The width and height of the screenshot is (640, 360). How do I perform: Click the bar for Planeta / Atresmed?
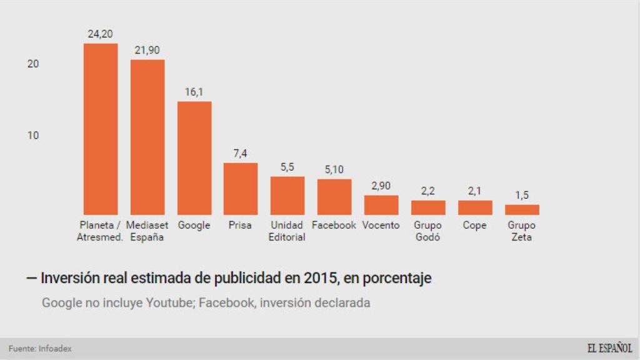tap(101, 129)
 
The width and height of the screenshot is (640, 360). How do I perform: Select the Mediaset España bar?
tap(147, 137)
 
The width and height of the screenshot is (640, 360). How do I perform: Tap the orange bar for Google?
tap(194, 158)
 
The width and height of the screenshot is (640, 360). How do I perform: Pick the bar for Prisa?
tap(241, 189)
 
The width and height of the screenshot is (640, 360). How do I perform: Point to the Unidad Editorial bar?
tap(287, 196)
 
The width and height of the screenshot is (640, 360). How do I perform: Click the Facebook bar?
tap(334, 197)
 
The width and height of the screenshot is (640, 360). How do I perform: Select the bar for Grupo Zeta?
tap(522, 210)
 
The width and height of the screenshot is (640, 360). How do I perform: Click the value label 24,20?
tap(100, 34)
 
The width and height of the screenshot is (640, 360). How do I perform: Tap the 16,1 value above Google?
tap(194, 92)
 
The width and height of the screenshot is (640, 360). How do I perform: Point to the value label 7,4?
tap(241, 154)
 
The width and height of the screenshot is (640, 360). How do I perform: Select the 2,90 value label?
tap(381, 186)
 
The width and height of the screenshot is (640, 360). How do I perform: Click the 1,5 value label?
tap(522, 196)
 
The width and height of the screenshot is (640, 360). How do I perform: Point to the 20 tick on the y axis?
tap(33, 64)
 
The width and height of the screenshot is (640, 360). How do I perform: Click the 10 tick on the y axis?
tap(33, 136)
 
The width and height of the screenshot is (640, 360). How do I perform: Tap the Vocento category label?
tap(381, 225)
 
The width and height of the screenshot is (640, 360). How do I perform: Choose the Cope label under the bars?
tap(474, 225)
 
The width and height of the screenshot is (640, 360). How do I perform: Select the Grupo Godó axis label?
tap(428, 231)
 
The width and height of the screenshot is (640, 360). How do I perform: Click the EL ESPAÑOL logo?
tap(609, 348)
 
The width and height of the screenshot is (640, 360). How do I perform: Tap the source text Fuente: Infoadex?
tap(40, 349)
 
